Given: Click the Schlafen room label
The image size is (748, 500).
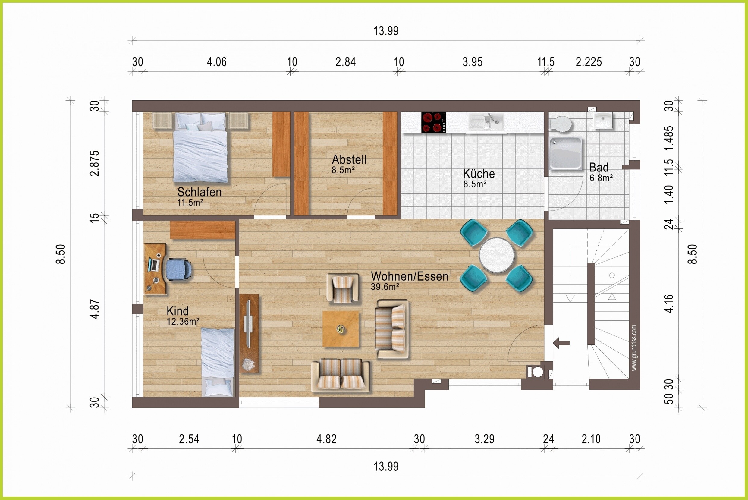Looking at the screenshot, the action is pos(199,192).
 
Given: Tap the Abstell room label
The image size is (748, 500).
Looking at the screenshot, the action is pos(349,159).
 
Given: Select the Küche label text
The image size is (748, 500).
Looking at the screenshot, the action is pos(479,174).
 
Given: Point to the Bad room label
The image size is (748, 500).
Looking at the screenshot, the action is pos(599,167).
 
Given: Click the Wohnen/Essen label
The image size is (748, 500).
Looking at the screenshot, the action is pos(410,276).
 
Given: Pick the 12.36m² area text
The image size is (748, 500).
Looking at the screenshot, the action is pos(183,321).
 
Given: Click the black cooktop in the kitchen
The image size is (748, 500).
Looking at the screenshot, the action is pos(433,122).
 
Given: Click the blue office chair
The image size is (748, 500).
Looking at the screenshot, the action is pos(178,270).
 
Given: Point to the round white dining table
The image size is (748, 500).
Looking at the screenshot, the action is pos(496,255).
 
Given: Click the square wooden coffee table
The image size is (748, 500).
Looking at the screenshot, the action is pos(341,329).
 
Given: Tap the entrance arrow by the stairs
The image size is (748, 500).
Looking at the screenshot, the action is pos(561,343).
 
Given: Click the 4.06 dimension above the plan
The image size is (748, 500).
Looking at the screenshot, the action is pos(217,62).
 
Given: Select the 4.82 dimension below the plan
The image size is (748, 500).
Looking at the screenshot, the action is pos(326,439).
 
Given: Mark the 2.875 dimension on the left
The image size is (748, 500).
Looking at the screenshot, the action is pos(95,163).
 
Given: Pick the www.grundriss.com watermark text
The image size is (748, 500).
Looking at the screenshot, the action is pos(634,347).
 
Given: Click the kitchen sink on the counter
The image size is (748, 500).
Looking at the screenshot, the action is pos(486,122).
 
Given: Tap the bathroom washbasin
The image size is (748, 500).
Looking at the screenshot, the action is pos(603,121).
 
